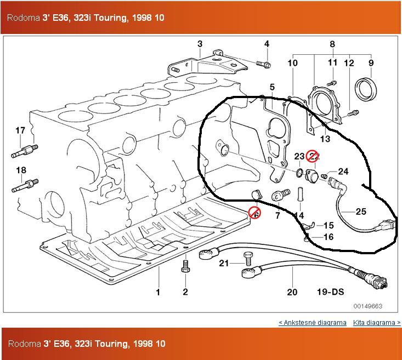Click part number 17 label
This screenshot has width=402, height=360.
click(20, 130)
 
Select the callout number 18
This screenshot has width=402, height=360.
click(21, 170)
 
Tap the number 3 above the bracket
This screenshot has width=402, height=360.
click(200, 44)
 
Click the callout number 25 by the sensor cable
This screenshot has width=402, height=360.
click(361, 212)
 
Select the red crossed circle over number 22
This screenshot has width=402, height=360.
click(312, 157)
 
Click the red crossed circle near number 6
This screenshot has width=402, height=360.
click(254, 213)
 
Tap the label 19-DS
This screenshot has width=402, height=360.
click(330, 292)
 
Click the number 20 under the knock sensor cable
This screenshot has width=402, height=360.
click(292, 292)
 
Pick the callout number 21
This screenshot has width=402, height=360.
click(224, 264)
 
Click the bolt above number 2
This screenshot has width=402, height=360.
click(185, 266)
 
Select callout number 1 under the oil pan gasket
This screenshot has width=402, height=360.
click(158, 292)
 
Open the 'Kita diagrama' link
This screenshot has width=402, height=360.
click(376, 322)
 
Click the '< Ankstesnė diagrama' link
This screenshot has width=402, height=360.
click(313, 322)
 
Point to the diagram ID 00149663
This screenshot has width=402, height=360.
click(368, 306)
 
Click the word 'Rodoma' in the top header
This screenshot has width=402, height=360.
click(24, 18)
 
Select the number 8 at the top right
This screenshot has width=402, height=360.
click(332, 44)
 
